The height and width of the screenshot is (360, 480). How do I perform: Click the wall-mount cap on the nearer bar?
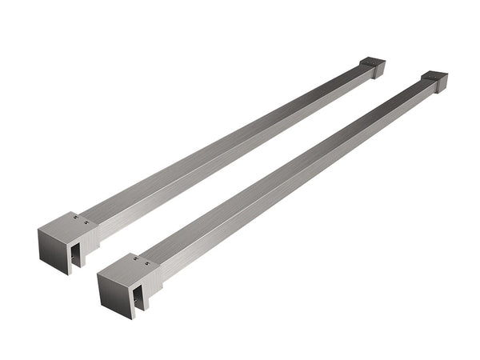point(434,81)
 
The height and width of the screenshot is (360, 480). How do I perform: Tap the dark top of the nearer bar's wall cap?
point(435,77)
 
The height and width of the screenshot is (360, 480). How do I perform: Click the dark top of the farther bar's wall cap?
point(374,62)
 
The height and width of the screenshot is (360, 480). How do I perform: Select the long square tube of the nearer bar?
point(288,176)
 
